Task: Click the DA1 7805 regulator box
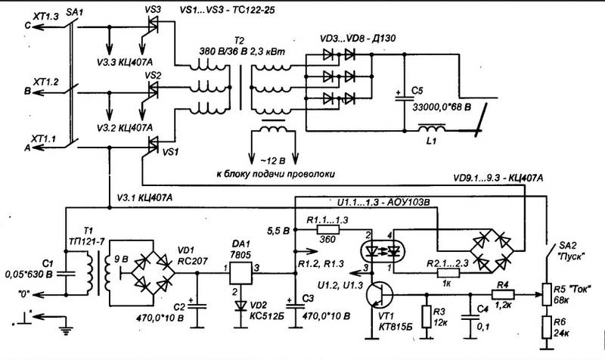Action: tap(240, 274)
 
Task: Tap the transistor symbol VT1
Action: tap(379, 294)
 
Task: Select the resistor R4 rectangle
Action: tap(503, 294)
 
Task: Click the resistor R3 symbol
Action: tap(427, 317)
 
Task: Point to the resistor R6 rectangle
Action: tap(546, 327)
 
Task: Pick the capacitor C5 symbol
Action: tap(404, 98)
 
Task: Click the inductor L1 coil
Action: tap(432, 128)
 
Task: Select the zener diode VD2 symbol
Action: tap(240, 306)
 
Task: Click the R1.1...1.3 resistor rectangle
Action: tap(328, 230)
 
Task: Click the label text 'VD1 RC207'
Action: tap(192, 255)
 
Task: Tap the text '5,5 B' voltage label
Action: tap(278, 231)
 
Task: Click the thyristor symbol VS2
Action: tap(153, 90)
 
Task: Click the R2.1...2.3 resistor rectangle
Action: tap(448, 273)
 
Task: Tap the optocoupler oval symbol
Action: tap(383, 252)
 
